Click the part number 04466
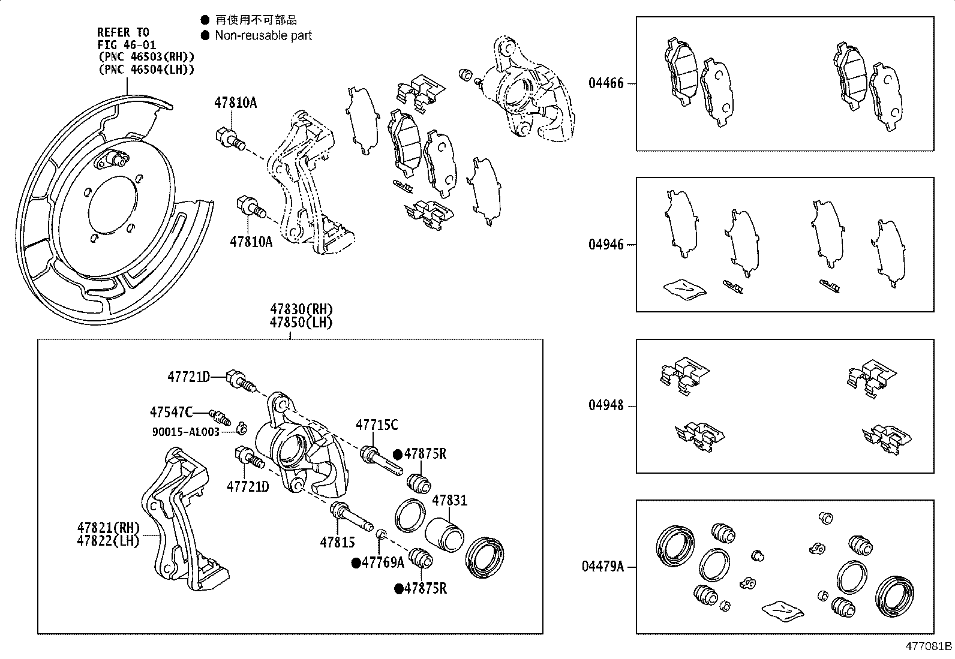click(x=606, y=83)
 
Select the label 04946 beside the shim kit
click(x=606, y=245)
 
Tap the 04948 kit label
click(x=606, y=406)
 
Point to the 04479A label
click(x=602, y=567)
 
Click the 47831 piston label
click(x=450, y=500)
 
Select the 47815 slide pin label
click(x=337, y=543)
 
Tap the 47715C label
click(x=377, y=425)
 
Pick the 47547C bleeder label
click(x=171, y=412)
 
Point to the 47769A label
click(x=382, y=562)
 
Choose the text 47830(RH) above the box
click(x=301, y=310)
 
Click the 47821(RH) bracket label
click(x=108, y=528)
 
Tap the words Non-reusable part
click(x=263, y=35)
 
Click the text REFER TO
click(x=123, y=32)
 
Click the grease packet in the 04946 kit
click(x=685, y=288)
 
